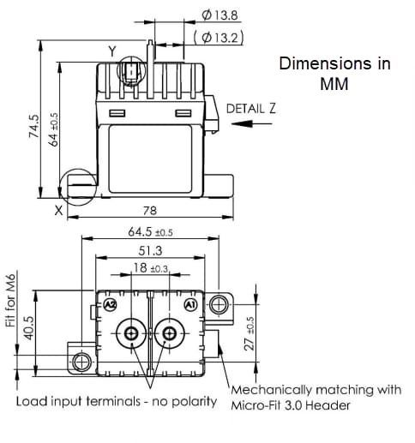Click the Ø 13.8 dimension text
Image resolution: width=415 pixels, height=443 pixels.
pos(221,15)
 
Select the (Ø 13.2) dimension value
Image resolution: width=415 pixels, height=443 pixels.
pos(220,37)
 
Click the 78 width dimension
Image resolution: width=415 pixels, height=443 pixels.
pos(148,211)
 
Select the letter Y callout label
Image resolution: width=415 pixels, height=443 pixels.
pos(111,52)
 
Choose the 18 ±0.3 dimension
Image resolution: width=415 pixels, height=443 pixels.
pos(150,268)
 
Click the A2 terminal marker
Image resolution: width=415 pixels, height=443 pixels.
pos(109,305)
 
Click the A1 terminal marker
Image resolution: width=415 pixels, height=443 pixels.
pos(191,305)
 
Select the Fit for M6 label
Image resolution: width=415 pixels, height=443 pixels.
pos(12,299)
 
